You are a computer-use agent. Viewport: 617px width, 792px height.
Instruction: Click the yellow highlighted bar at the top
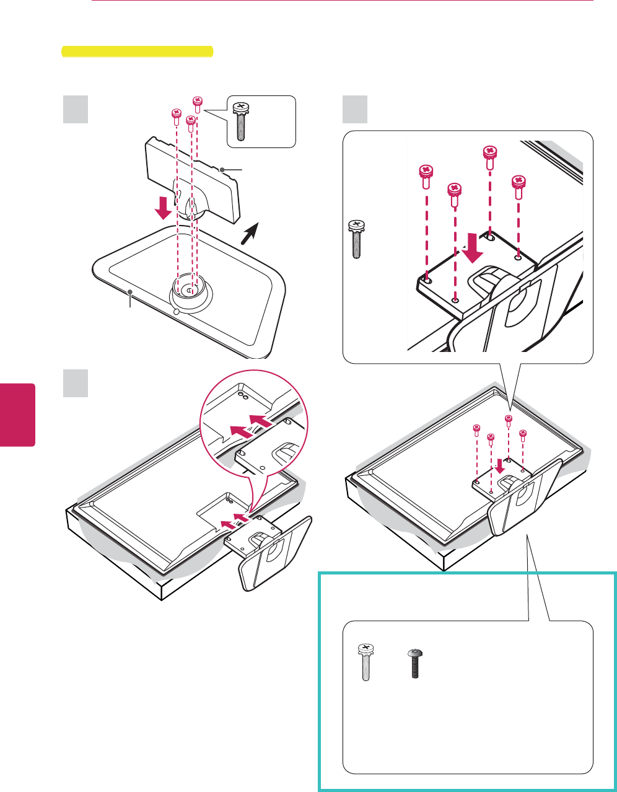click(137, 51)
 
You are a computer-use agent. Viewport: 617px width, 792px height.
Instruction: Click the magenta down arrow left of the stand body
click(164, 207)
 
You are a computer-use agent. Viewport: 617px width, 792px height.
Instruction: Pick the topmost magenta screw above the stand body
click(198, 103)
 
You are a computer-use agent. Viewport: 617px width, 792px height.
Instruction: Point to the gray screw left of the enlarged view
click(356, 239)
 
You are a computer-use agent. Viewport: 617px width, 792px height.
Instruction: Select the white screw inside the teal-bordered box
click(364, 663)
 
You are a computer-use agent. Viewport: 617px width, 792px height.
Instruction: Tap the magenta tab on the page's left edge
click(17, 415)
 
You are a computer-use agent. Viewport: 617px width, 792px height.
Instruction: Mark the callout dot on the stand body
click(222, 169)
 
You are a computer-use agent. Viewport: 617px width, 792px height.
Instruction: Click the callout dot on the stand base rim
click(130, 291)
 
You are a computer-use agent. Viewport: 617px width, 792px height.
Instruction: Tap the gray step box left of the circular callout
click(76, 384)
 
